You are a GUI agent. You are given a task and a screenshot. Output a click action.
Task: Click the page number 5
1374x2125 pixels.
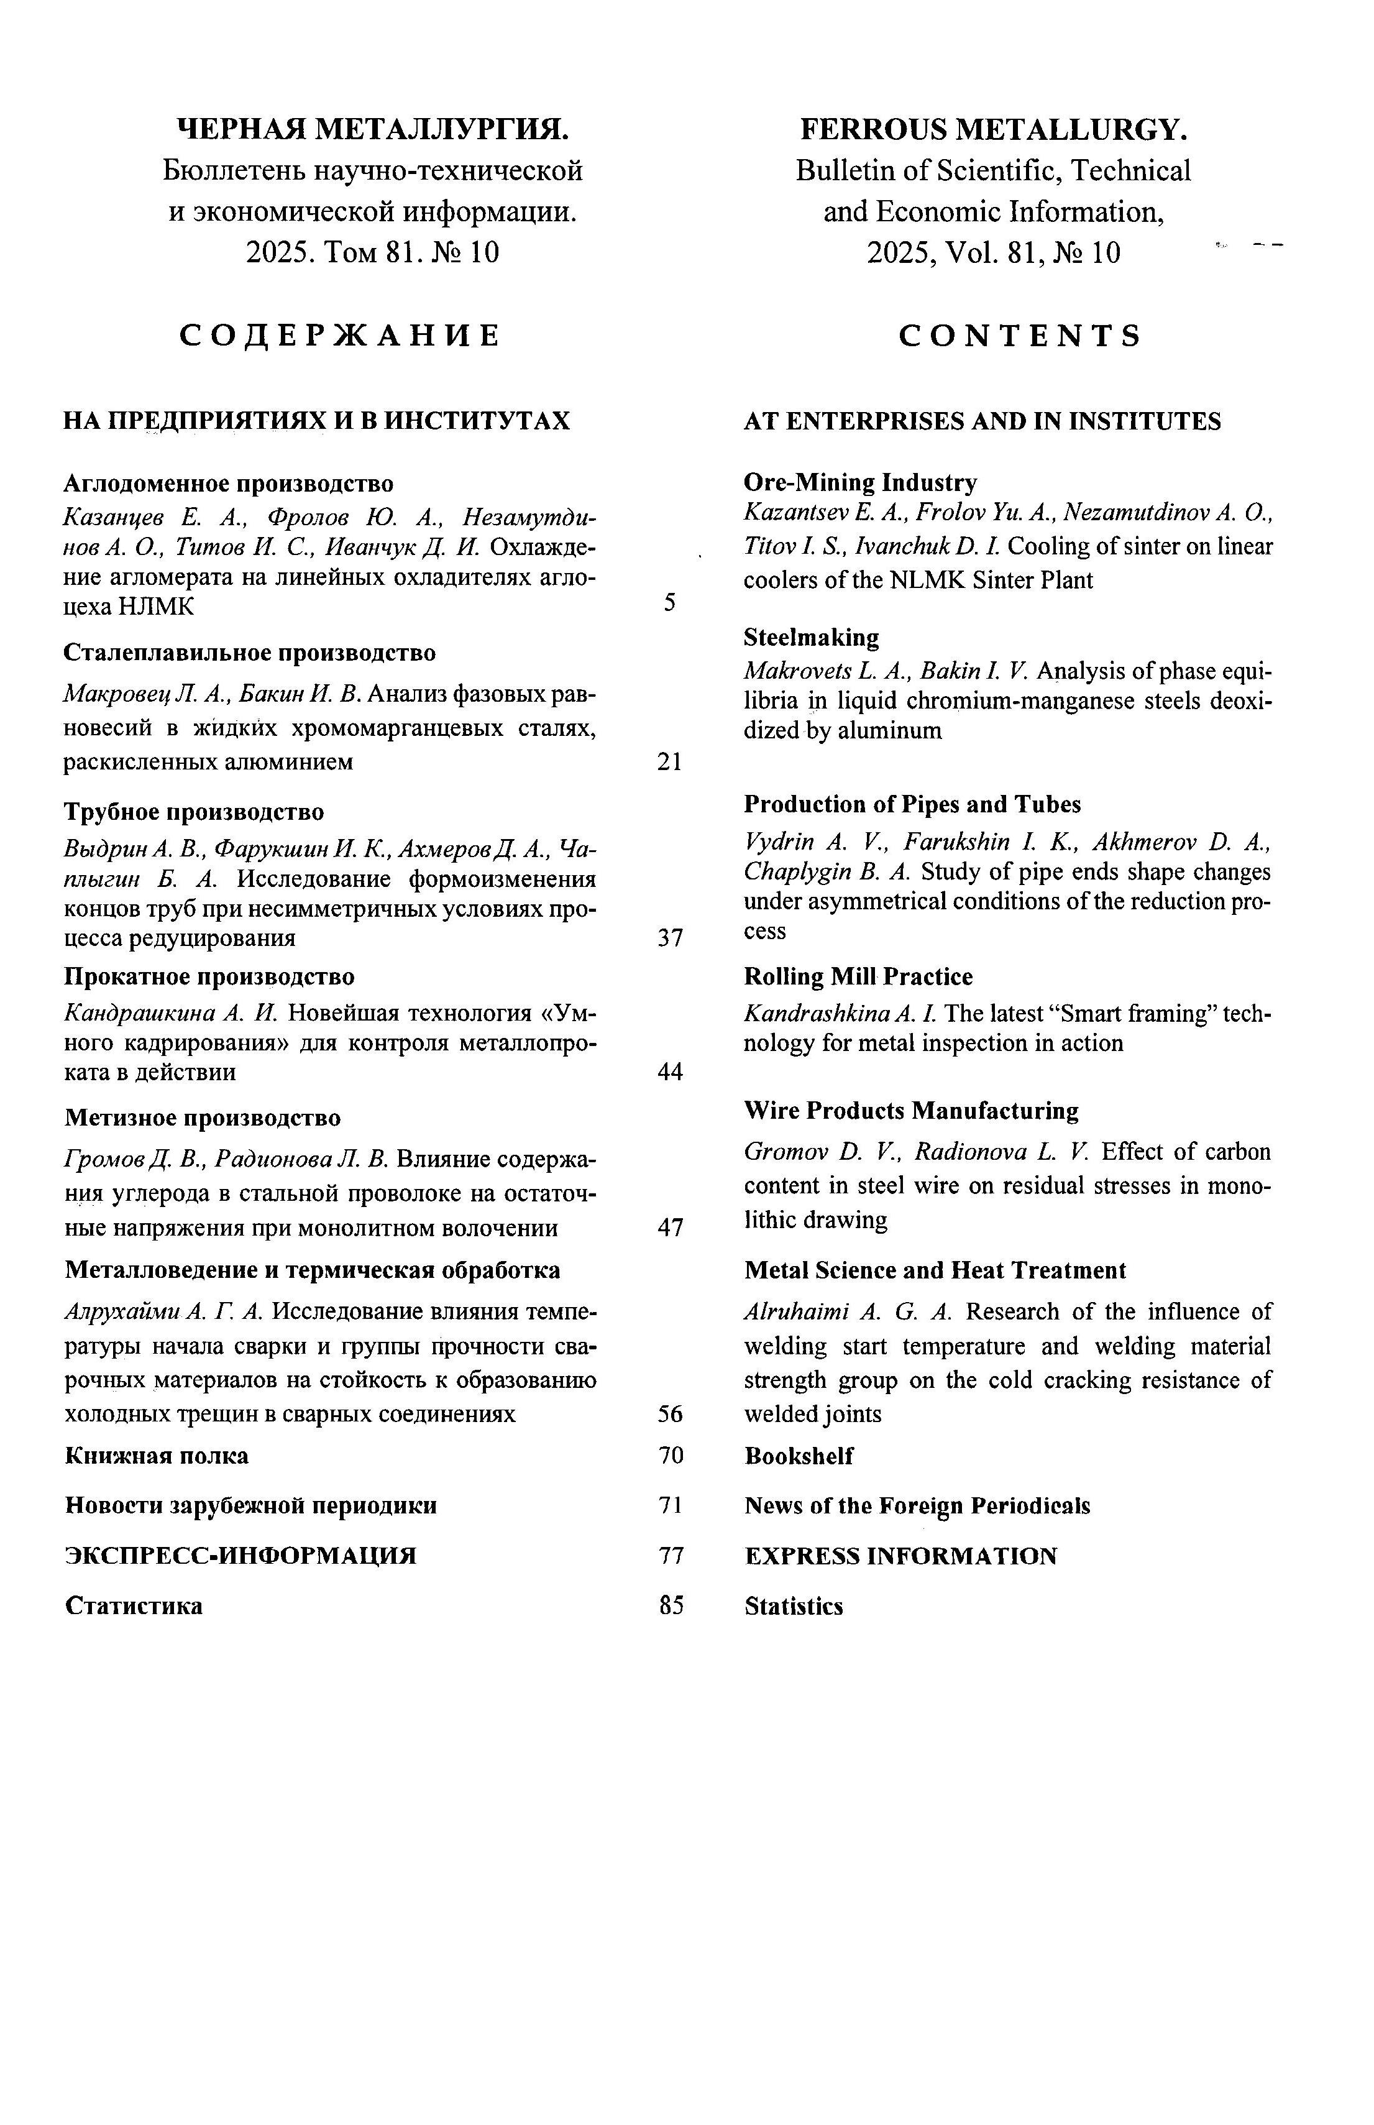669,604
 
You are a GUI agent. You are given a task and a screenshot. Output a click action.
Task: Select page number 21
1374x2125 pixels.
669,762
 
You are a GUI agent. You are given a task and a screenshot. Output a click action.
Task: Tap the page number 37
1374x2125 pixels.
670,938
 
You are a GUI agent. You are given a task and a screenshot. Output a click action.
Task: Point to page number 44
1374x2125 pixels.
670,1072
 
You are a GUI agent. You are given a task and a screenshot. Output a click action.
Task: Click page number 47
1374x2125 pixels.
670,1228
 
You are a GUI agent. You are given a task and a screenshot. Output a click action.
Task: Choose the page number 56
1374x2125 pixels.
670,1414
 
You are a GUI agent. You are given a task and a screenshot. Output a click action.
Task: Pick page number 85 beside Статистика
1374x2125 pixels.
671,1606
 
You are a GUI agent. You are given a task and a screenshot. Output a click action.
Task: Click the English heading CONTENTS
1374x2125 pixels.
1020,336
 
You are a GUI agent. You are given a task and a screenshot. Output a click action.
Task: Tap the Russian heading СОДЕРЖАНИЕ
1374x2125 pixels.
339,336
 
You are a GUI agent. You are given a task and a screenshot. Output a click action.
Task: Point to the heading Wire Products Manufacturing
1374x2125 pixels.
911,1111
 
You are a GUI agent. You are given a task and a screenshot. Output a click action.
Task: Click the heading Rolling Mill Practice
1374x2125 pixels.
858,977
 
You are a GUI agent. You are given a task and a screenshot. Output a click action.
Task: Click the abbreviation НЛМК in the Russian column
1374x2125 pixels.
156,607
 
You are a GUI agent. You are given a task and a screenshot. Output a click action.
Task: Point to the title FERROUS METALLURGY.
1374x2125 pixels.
994,131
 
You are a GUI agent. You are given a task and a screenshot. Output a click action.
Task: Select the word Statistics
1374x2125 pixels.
793,1606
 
